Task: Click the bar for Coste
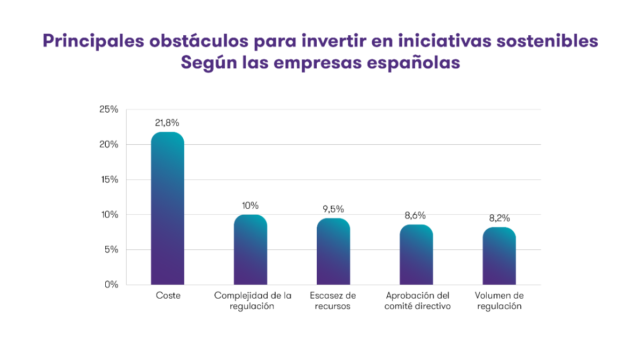[x=168, y=208]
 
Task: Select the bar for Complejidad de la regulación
[x=251, y=249]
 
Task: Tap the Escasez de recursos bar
[x=333, y=251]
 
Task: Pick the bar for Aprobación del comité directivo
[x=416, y=254]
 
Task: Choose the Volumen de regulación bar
[x=499, y=256]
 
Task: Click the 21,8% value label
[x=167, y=123]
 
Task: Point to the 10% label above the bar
[x=250, y=206]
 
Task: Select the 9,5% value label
[x=333, y=209]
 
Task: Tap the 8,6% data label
[x=416, y=215]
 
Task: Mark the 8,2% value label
[x=499, y=218]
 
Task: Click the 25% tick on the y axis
[x=109, y=109]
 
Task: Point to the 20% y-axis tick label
[x=109, y=145]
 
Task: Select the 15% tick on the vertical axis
[x=109, y=179]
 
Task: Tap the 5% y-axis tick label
[x=111, y=249]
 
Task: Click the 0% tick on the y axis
[x=111, y=285]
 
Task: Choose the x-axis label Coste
[x=168, y=295]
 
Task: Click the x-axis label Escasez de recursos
[x=333, y=301]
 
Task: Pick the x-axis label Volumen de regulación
[x=499, y=301]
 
